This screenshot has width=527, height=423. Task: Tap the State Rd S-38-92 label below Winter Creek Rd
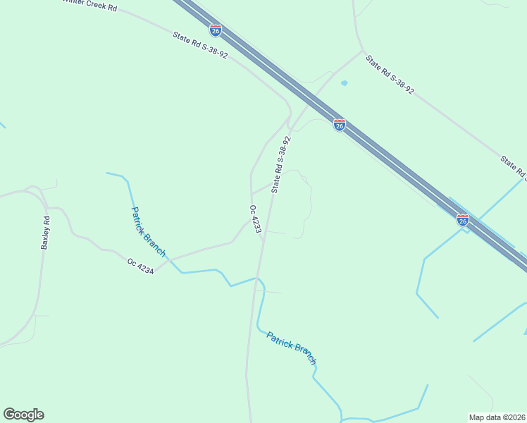[200, 44]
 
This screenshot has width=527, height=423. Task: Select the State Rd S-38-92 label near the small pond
[389, 75]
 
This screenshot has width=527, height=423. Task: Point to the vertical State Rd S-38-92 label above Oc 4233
[280, 165]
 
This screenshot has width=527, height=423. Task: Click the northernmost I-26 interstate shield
[216, 30]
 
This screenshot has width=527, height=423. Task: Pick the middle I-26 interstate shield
[340, 125]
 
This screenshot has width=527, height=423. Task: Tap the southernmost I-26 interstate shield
[463, 220]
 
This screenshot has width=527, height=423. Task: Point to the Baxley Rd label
[46, 233]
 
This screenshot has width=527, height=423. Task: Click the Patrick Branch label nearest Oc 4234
[149, 231]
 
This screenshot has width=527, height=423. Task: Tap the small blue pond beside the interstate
[344, 83]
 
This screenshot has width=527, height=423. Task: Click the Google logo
[23, 415]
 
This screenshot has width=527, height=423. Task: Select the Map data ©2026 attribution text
[496, 417]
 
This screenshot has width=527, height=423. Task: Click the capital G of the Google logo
[9, 414]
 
